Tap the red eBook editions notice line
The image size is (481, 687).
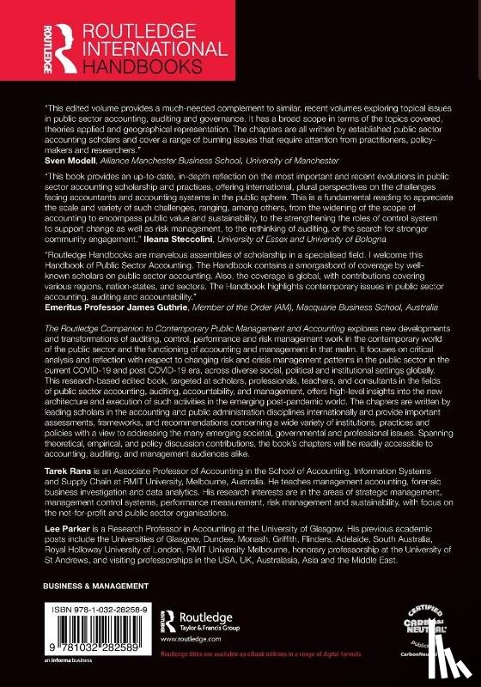[318, 678]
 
